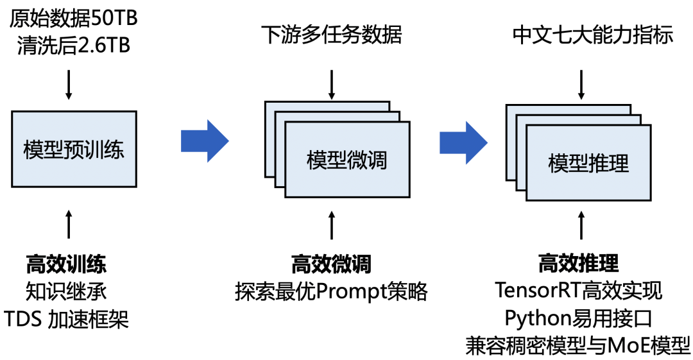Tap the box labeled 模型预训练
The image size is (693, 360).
coord(73,150)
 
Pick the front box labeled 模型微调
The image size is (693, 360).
coord(347,159)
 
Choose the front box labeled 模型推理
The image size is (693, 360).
coord(588,163)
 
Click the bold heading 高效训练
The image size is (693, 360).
coord(66,264)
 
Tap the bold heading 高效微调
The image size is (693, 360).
coord(331,264)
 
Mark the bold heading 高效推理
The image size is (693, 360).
coord(579,263)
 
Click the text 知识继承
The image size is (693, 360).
coord(66,291)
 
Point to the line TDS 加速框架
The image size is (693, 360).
coord(66,319)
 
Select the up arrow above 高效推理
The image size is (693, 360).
coord(581,227)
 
